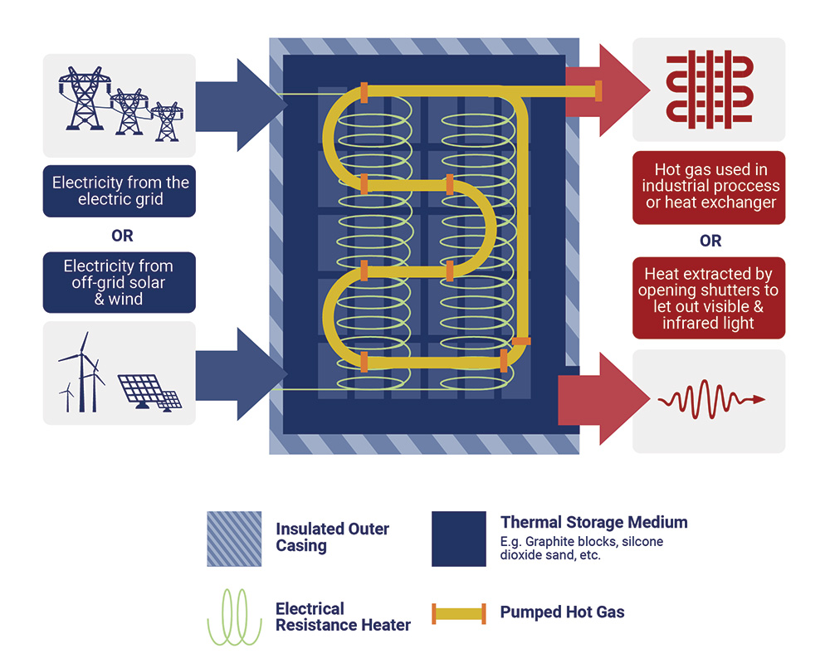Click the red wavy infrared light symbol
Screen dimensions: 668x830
tap(710, 400)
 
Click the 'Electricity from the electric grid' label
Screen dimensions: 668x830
tap(120, 191)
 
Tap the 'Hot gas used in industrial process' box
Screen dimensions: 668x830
tap(710, 187)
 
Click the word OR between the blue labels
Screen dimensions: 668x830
tap(122, 236)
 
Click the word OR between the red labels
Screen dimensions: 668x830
tap(710, 241)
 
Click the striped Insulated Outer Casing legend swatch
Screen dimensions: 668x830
tap(234, 539)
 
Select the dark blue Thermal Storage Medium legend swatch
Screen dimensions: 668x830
tap(459, 539)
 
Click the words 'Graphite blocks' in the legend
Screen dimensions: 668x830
tap(567, 542)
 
